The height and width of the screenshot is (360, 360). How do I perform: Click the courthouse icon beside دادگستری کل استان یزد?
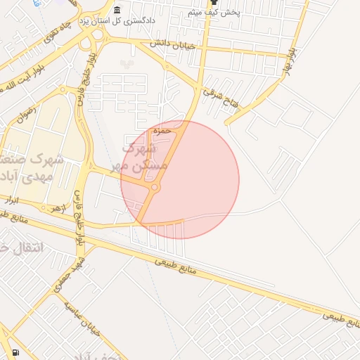pyautogui.click(x=117, y=10)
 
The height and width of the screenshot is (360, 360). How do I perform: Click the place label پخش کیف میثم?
pyautogui.click(x=214, y=13)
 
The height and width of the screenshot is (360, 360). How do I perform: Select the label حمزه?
pyautogui.click(x=163, y=131)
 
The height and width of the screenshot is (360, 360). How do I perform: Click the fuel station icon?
pyautogui.click(x=15, y=352)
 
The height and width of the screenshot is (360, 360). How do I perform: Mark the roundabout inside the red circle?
pyautogui.click(x=153, y=187)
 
